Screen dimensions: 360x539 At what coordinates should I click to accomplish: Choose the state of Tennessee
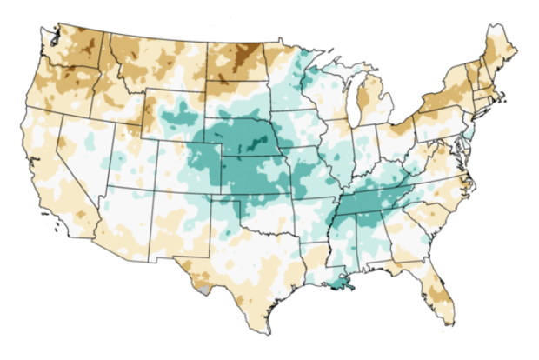[x=369, y=203]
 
